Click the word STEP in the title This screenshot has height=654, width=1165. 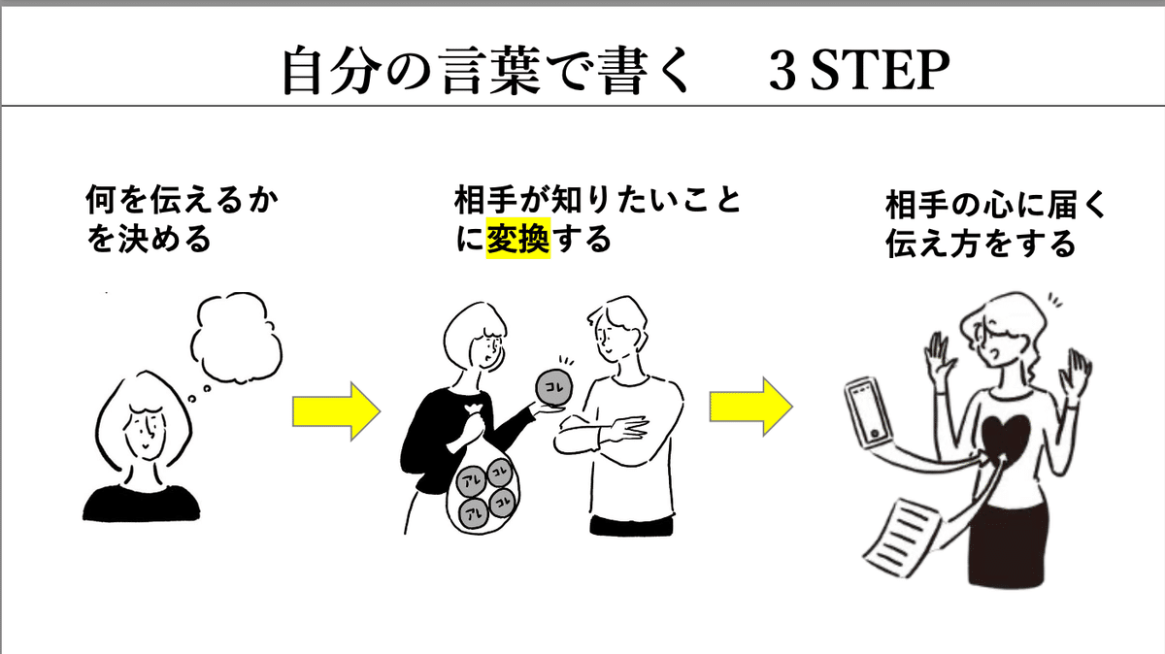(x=880, y=71)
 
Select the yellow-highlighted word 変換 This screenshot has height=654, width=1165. (x=518, y=238)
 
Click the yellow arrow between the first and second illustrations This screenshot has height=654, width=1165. (x=337, y=411)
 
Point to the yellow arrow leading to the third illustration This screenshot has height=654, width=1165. (x=751, y=408)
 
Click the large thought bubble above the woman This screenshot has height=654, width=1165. (x=237, y=337)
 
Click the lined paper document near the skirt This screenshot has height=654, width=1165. (x=901, y=538)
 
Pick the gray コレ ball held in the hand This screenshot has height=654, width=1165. (x=554, y=387)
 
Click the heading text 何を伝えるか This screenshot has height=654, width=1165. (x=183, y=200)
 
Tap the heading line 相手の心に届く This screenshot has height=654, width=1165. (x=996, y=206)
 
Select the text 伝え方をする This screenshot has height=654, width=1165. (x=981, y=244)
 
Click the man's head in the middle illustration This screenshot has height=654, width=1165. (x=617, y=331)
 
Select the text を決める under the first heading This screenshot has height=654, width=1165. (x=149, y=239)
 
